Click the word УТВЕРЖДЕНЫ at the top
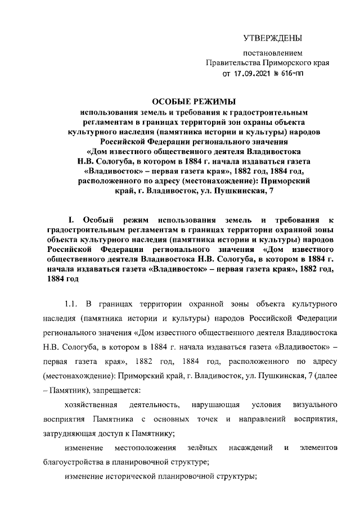(273, 38)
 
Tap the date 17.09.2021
(253, 73)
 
